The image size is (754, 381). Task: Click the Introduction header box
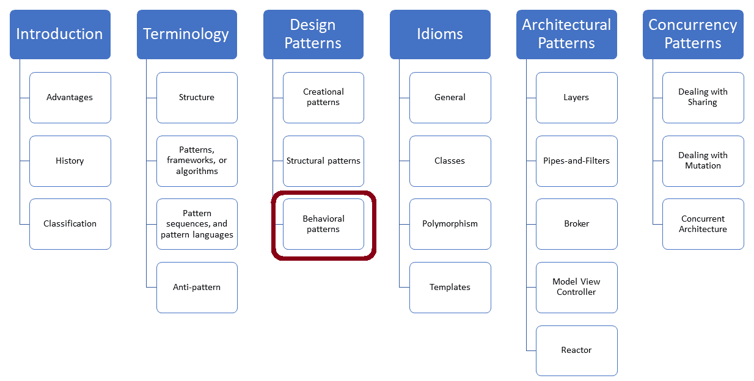point(60,34)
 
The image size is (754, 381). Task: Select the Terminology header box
point(186,34)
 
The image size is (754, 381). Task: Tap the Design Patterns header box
point(313,34)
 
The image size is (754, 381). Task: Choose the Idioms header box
point(440,34)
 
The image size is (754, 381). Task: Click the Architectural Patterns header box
point(566,34)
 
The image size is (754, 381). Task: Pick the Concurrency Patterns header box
point(693,34)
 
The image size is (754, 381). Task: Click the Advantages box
point(70,98)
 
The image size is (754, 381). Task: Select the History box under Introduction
point(70,161)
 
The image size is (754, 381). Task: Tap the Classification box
point(70,224)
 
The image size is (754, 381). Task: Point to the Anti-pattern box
point(197,288)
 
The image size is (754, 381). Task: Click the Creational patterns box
point(323,98)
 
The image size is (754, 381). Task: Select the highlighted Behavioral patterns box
point(323,224)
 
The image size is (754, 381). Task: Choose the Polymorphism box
point(450,224)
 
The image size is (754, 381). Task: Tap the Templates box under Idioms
point(450,288)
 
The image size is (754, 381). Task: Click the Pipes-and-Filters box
point(577,161)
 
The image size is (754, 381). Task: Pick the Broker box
point(577,224)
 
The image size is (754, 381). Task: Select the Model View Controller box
point(577,288)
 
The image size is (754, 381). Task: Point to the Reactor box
point(577,350)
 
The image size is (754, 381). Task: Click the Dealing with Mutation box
point(703,161)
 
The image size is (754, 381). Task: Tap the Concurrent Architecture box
point(703,224)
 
